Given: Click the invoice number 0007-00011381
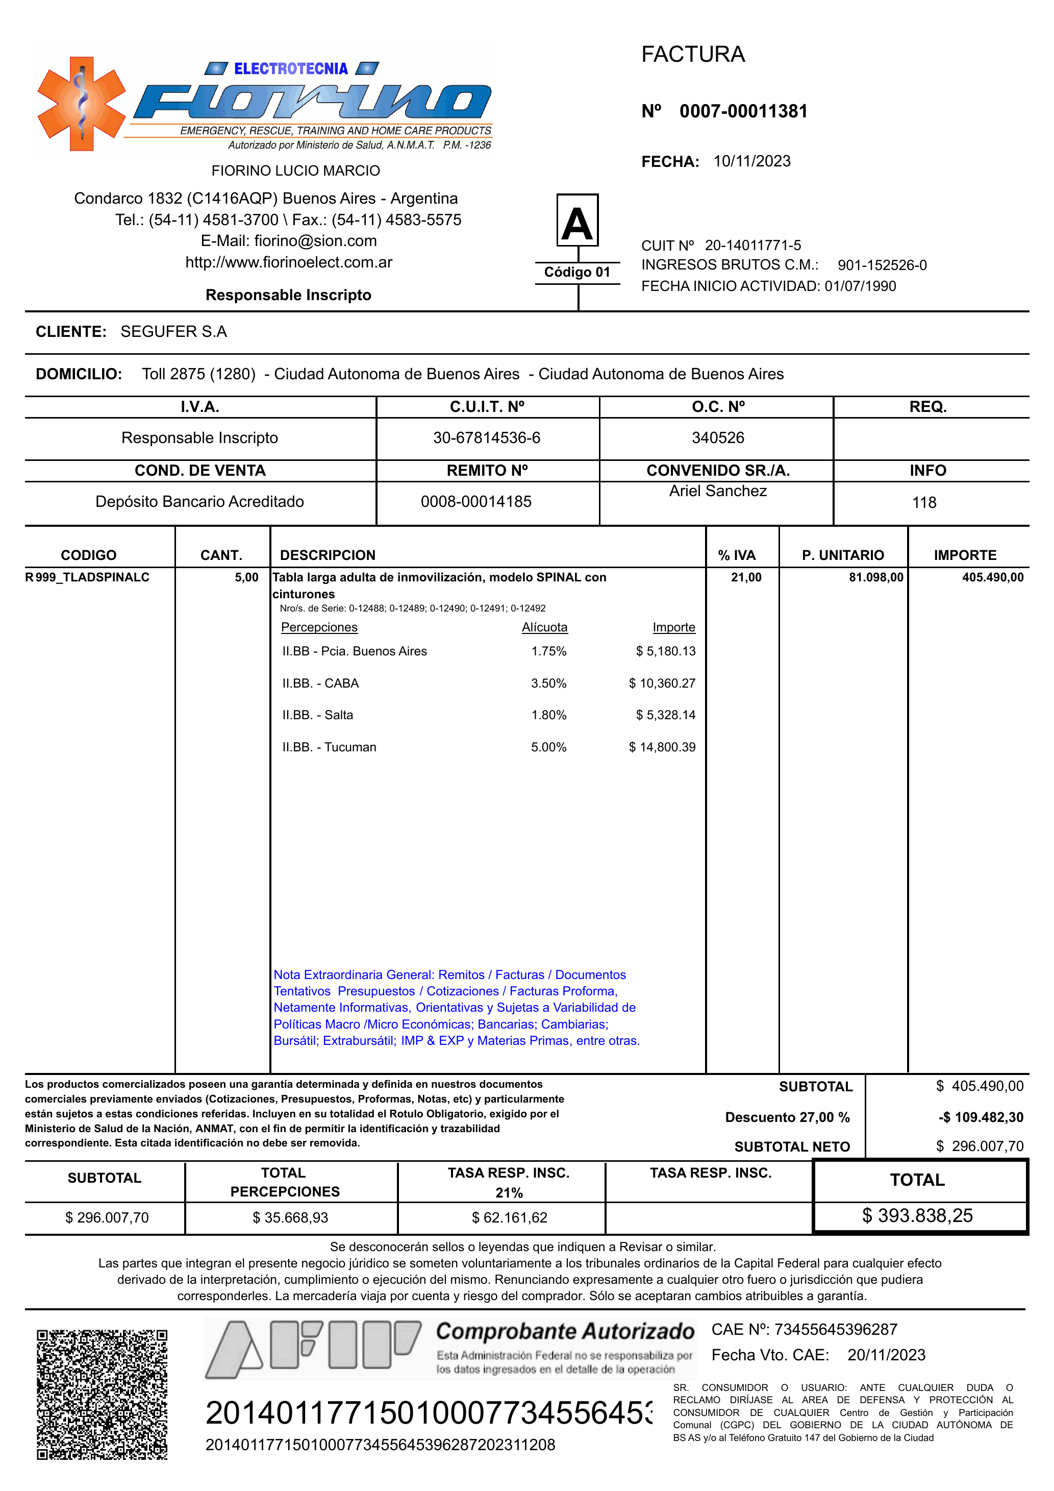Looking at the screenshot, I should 743,111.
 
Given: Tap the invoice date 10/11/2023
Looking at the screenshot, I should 751,161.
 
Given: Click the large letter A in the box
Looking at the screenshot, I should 577,223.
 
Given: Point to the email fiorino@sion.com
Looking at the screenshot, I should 315,241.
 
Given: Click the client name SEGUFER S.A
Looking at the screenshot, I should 173,332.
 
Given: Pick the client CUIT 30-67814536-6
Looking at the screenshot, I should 487,437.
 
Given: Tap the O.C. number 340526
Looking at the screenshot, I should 718,437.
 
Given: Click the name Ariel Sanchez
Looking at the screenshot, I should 718,491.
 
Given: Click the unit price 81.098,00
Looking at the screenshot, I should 875,577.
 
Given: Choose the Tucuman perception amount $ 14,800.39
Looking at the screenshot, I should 662,747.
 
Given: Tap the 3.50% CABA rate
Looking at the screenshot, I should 548,683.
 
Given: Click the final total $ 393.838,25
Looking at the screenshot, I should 917,1216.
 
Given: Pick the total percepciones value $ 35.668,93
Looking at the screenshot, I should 290,1217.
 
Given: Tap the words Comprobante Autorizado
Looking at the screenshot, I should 565,1332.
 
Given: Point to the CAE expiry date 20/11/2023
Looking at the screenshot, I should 886,1355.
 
